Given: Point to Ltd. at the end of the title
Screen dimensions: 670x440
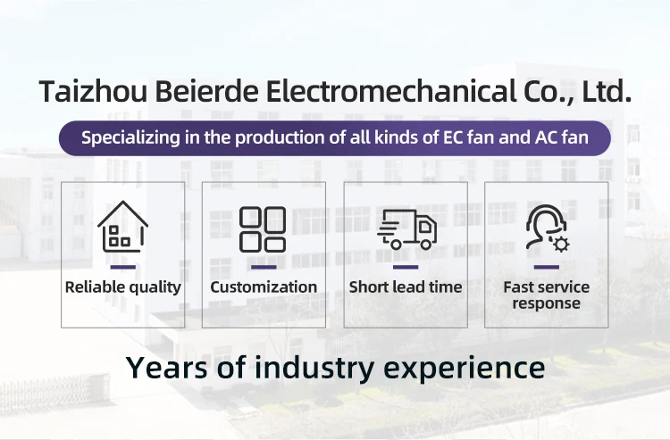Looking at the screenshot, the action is tap(607, 91).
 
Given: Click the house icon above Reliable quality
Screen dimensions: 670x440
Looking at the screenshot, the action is tap(122, 226).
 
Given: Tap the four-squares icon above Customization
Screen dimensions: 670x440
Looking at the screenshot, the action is tap(263, 229).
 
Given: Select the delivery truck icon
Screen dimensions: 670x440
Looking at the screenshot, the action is tap(406, 229).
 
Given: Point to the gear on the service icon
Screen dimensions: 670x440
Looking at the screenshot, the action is tap(561, 245).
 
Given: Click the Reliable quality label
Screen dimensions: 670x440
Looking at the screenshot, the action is tap(123, 287).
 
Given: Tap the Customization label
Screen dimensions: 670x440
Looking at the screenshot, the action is tap(264, 287).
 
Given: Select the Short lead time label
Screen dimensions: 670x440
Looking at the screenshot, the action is tap(406, 287).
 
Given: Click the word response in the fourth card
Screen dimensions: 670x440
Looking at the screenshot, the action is tap(547, 303).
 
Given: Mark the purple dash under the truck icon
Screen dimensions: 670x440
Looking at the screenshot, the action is tap(406, 267).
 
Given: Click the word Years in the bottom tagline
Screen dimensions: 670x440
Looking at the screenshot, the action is tap(167, 368).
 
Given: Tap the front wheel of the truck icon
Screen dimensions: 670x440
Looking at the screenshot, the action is tap(426, 245).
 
